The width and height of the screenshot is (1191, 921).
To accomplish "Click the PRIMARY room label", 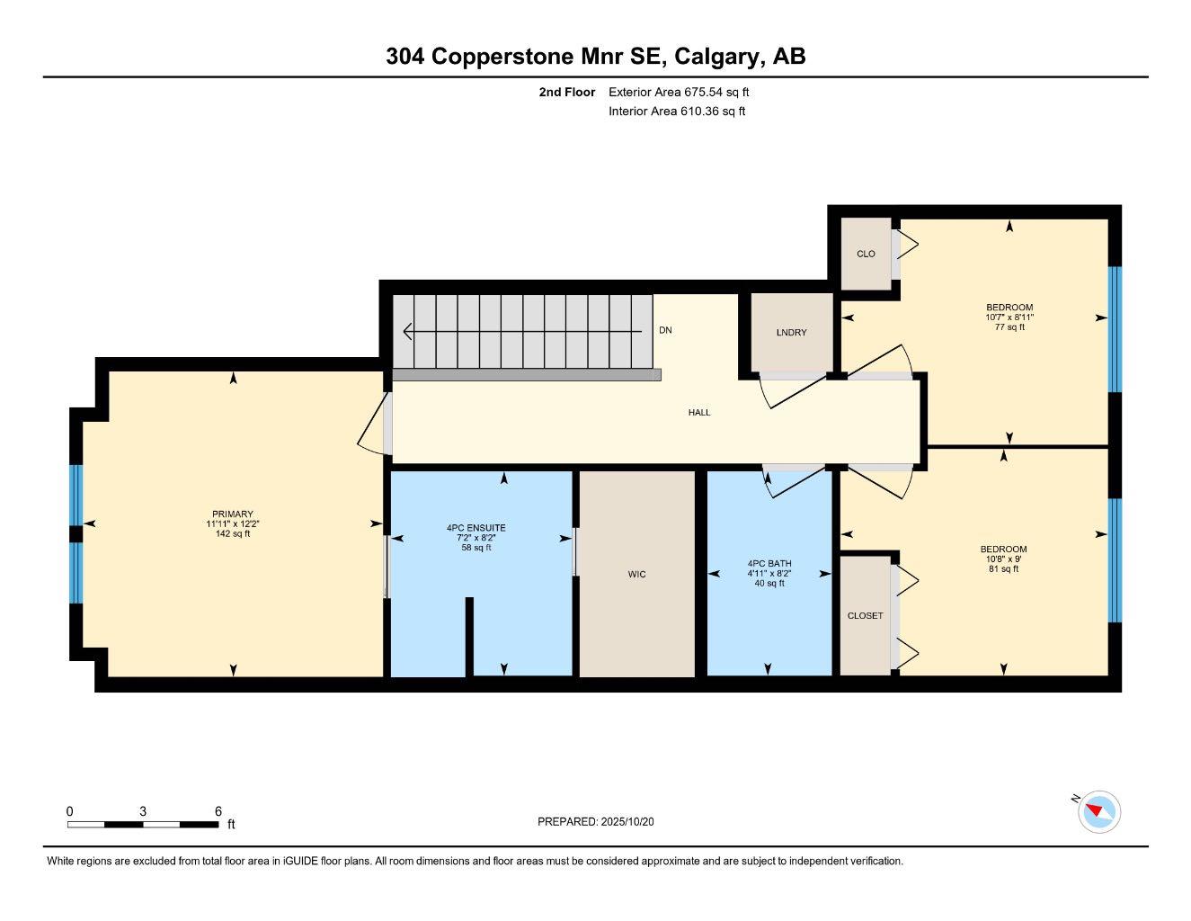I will pos(233,514).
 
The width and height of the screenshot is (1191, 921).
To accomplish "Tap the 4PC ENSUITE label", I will pos(476,528).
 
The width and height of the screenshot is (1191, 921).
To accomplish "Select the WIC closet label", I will pos(636,574).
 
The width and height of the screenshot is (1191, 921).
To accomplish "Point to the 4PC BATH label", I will pos(769,564).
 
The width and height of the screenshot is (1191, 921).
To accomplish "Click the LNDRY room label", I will pos(791,333).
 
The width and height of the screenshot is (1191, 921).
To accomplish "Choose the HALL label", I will pos(699,413).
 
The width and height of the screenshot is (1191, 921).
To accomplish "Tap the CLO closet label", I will pos(866,254).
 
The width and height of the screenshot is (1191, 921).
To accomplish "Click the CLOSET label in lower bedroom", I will pos(865,616).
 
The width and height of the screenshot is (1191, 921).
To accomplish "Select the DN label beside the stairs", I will pos(665,330).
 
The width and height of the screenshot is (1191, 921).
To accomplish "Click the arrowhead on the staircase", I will pos(408,332).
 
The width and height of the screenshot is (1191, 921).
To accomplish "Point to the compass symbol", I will pos(1098,812).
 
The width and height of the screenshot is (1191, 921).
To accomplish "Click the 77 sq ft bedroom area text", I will pos(1009,327).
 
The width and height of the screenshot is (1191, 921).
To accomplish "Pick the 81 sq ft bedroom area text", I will pos(1003,568).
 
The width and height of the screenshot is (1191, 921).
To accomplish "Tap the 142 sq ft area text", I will pos(233,534).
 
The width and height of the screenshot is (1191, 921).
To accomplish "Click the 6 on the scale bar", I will pos(218,811).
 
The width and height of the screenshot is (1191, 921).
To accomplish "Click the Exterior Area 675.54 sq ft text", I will pos(679,92).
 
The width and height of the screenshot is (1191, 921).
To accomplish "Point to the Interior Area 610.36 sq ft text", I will pos(677,112).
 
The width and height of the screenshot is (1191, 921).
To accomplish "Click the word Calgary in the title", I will pos(717,57).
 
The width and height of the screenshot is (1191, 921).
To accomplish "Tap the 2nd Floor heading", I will pos(566,92).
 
